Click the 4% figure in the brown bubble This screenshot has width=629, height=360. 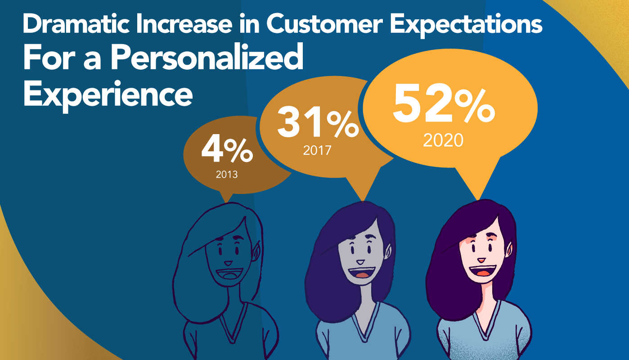coord(227,150)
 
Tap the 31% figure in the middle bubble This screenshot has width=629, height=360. coord(318,124)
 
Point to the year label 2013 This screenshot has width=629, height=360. coord(227,175)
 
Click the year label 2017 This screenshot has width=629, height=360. coord(317,150)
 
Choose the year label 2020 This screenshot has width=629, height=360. coord(443,140)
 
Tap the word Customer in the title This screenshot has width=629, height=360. coord(324,24)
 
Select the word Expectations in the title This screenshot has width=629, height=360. coord(466,25)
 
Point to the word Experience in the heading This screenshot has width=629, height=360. coord(108,94)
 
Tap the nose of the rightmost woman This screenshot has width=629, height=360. coord(481,260)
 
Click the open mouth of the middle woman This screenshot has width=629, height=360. coord(361,272)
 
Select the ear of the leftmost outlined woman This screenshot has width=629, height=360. coord(256,251)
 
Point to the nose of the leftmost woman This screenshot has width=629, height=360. coord(228,263)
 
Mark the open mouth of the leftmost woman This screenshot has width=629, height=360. coord(230,274)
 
